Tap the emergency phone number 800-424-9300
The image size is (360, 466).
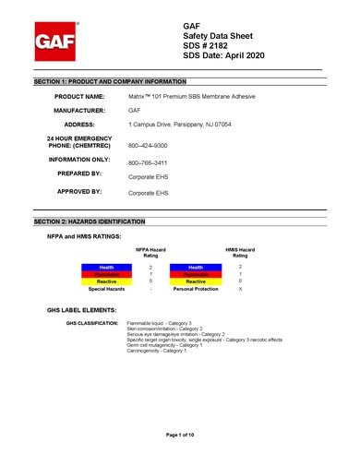click(147, 146)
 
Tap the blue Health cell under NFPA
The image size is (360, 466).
click(107, 267)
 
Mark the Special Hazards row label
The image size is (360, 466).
click(107, 289)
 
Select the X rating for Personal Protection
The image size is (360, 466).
click(241, 289)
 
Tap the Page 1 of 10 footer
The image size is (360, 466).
click(180, 434)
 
